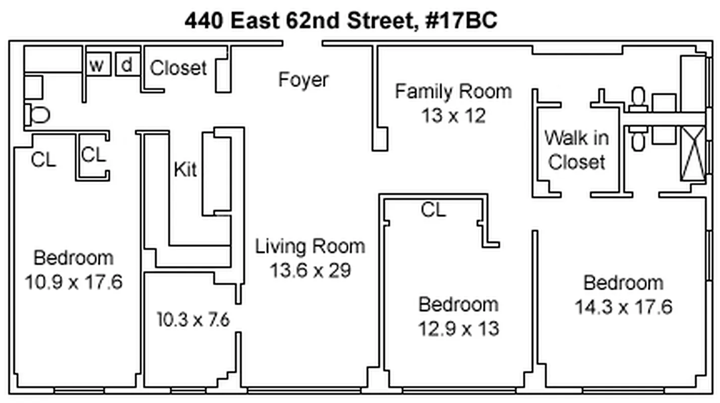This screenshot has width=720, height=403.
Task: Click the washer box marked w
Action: [x=99, y=64]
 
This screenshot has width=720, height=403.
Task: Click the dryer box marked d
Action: [x=128, y=64]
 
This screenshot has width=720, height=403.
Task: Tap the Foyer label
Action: [x=304, y=80]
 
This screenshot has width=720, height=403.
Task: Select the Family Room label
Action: [x=453, y=91]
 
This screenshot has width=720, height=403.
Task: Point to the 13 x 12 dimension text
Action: [x=453, y=115]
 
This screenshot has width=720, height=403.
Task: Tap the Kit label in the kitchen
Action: [x=185, y=169]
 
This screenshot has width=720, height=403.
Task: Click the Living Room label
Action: [x=310, y=247]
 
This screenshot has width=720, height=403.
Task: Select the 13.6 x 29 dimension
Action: [x=310, y=271]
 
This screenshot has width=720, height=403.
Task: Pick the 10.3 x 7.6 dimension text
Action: [x=193, y=320]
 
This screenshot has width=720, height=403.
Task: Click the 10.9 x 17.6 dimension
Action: [x=74, y=282]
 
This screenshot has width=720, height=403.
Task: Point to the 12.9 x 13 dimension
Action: [x=459, y=328]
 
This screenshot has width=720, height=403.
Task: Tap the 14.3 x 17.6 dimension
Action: [x=624, y=307]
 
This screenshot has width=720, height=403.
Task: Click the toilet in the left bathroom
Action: [x=38, y=115]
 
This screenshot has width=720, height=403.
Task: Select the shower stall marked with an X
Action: [x=693, y=154]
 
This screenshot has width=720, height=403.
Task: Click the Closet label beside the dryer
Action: [x=178, y=68]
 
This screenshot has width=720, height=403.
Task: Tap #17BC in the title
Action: [x=461, y=20]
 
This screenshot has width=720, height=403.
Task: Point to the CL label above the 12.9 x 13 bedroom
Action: [x=433, y=210]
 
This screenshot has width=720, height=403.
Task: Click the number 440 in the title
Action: [x=204, y=20]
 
